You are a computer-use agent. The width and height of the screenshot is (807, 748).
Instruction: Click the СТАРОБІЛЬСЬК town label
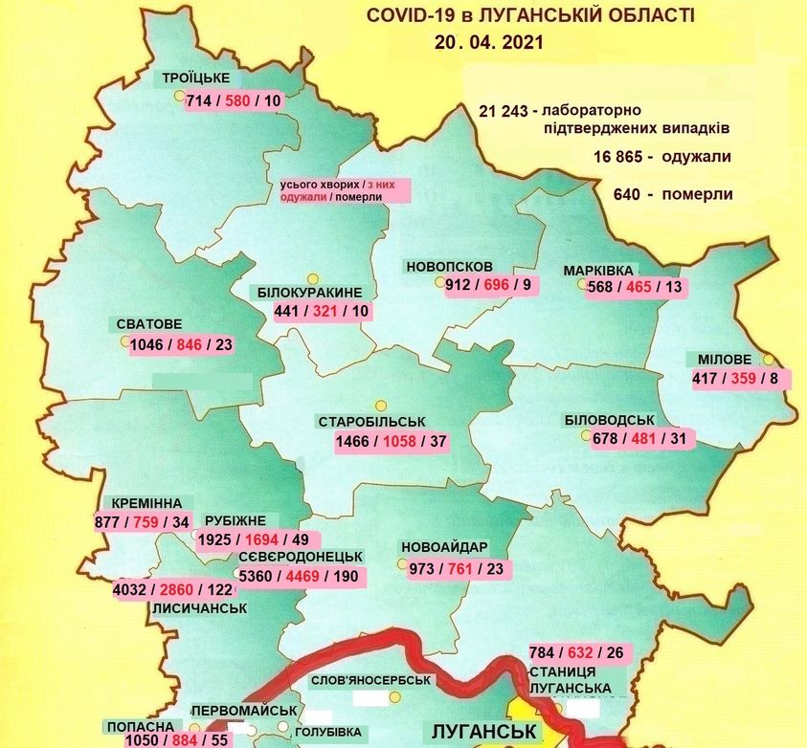[371, 422]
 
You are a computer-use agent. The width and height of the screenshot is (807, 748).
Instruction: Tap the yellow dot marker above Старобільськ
[380, 405]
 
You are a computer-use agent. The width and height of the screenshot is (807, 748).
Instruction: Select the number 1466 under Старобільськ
[354, 441]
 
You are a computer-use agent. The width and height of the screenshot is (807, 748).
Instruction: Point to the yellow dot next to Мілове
[768, 360]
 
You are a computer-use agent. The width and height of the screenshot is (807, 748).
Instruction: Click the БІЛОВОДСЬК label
[609, 420]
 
